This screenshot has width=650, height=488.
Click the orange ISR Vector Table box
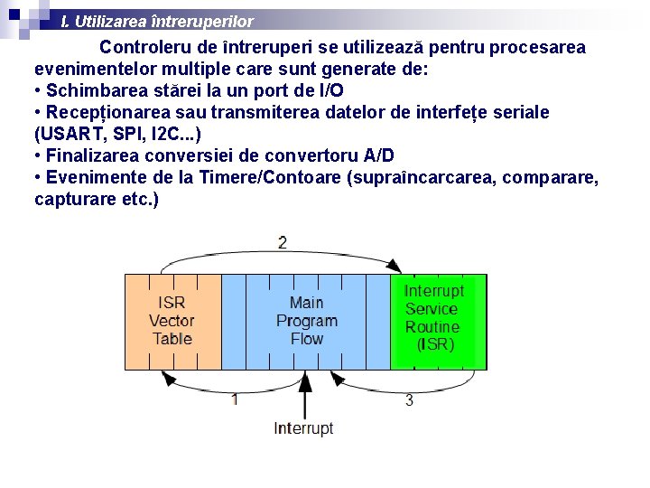pos(172,321)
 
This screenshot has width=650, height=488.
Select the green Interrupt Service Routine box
pos(438,321)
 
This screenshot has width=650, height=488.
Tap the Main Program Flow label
pos(307,321)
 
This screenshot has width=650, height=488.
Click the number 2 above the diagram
pos(283,242)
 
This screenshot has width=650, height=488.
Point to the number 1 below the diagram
pos(235,399)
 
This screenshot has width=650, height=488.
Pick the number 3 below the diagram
pos(409,399)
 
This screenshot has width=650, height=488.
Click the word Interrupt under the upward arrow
pos(303,428)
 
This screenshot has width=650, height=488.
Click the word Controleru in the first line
pos(143,47)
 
